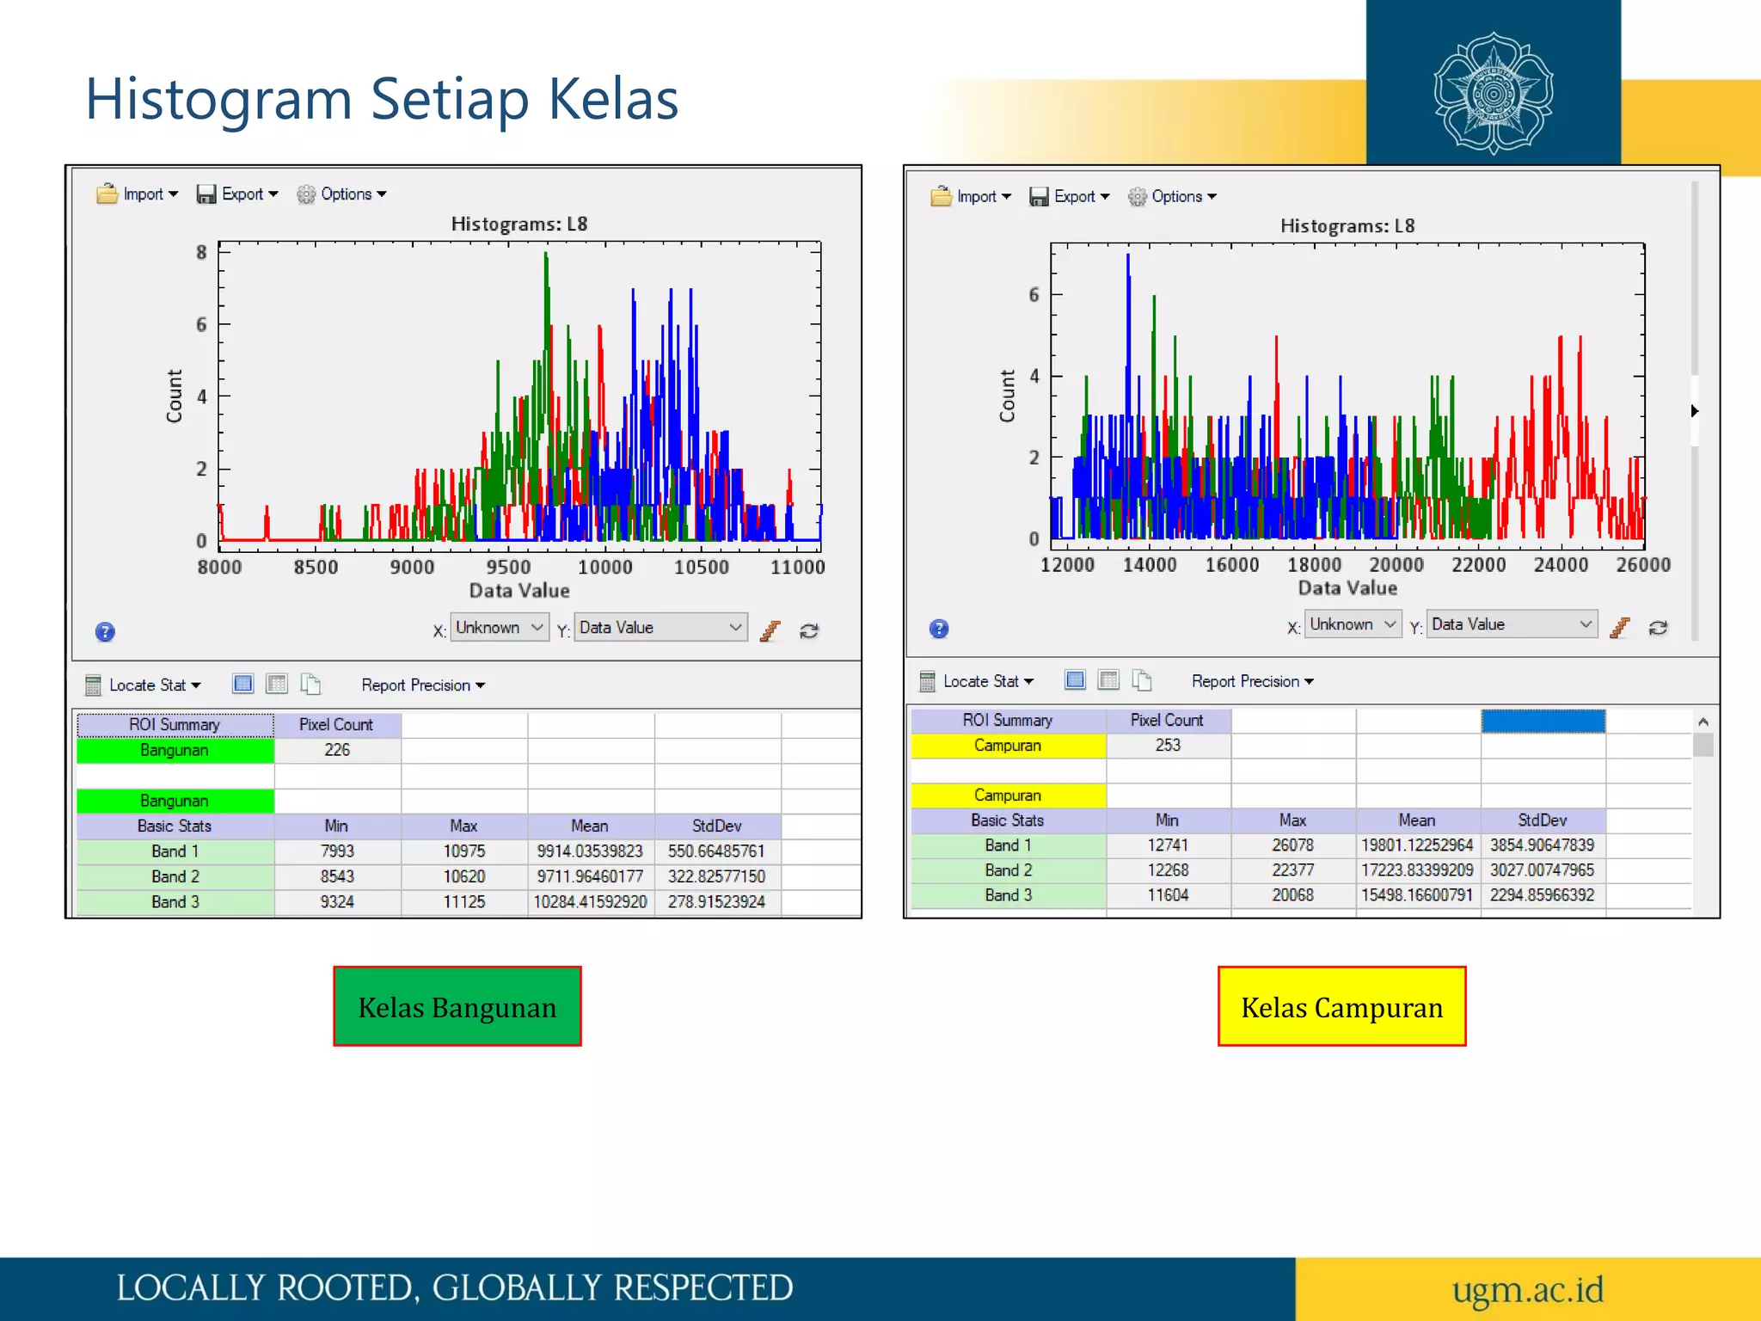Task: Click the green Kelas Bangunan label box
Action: (457, 1006)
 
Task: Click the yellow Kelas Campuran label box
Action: (1341, 1006)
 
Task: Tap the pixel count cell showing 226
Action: (337, 750)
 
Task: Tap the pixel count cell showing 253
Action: (1168, 746)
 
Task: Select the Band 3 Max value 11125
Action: (463, 902)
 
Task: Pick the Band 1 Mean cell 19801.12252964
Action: (1416, 845)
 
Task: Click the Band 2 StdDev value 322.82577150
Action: (716, 876)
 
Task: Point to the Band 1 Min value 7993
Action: (337, 851)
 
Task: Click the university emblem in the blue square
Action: (1494, 93)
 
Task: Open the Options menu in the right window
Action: (1173, 197)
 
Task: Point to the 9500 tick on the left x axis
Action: (508, 568)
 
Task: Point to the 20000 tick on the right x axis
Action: (1396, 565)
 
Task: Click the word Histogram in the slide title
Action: (218, 100)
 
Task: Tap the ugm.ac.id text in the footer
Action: (1527, 1289)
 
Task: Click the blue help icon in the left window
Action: (105, 632)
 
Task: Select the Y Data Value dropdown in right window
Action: (1511, 624)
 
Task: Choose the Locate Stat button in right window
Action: (979, 682)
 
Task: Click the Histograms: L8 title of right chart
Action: (1347, 226)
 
